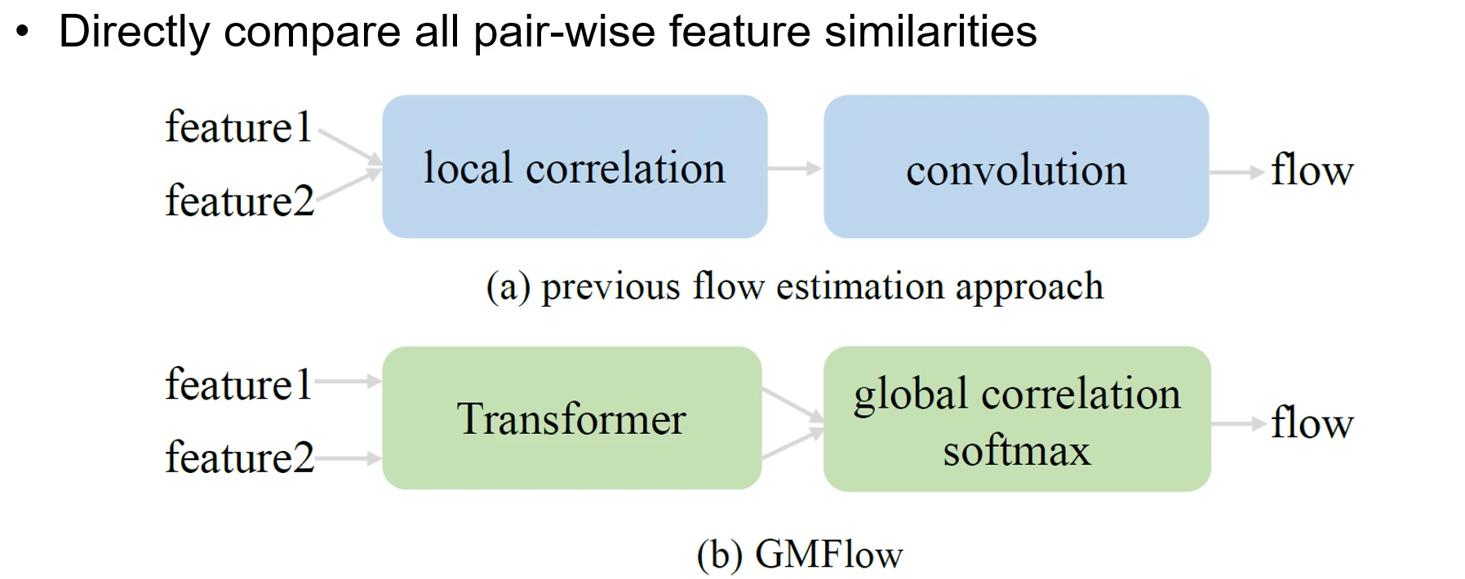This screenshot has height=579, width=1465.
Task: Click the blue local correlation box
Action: (575, 167)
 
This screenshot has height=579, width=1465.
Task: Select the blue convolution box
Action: (1016, 167)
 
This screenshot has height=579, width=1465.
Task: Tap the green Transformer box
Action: (571, 418)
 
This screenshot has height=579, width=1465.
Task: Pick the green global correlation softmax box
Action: (1017, 419)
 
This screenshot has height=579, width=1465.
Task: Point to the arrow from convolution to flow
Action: (1236, 172)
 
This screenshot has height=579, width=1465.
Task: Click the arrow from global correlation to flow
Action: (1238, 424)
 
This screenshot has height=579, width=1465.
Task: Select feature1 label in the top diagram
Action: (238, 128)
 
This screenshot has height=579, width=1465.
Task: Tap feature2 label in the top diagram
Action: (239, 201)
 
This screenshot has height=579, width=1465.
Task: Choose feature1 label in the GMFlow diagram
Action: (238, 384)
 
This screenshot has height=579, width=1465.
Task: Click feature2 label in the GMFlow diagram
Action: (239, 457)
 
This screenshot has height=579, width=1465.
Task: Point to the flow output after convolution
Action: (1312, 170)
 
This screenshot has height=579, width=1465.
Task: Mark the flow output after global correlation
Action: (1312, 423)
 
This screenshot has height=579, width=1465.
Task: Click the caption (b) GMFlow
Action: (800, 555)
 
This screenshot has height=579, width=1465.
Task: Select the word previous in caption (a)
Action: (610, 288)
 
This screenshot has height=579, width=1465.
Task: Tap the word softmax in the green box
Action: (1016, 451)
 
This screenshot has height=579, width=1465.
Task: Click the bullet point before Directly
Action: (23, 33)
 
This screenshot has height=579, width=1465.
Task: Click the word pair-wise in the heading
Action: (564, 33)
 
